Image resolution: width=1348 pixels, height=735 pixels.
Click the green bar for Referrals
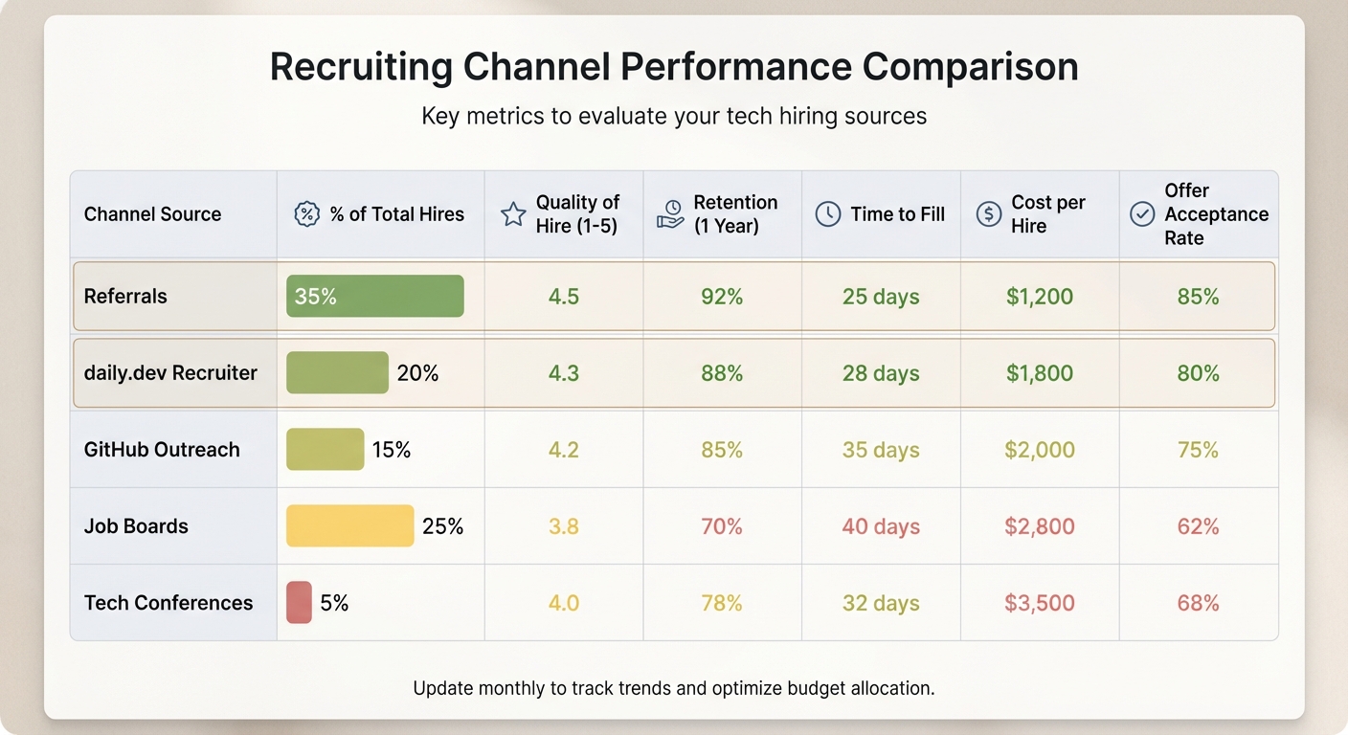374,296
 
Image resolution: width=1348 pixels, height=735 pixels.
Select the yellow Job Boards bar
349,525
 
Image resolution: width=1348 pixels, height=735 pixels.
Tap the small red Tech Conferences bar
299,602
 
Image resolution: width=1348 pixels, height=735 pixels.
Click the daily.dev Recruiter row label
170,373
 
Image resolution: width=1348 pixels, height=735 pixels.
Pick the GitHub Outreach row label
162,450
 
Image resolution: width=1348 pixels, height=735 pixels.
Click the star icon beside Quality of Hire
513,214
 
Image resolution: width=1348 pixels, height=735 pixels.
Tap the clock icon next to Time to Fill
827,214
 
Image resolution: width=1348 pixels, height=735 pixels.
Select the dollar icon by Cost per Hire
988,214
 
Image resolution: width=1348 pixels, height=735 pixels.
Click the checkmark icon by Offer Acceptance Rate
1142,214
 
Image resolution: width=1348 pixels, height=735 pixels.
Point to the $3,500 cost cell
1039,603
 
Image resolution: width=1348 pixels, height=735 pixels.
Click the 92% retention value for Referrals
722,297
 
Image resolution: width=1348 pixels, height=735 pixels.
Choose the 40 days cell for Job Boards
881,526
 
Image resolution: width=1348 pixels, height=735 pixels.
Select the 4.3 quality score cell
563,373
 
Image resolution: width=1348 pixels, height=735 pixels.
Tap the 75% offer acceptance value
1198,450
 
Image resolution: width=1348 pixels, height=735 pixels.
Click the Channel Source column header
152,214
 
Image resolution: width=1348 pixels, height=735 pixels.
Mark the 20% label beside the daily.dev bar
417,373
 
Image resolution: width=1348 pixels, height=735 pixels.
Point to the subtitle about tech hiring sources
674,117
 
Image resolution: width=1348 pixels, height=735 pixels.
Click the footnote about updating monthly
674,688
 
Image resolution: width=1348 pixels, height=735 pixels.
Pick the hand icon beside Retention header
670,214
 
